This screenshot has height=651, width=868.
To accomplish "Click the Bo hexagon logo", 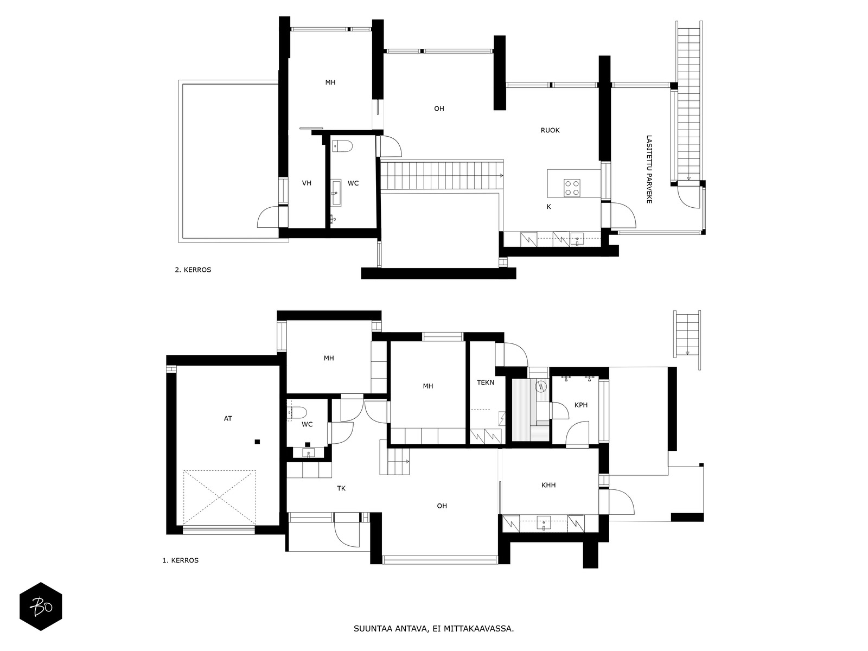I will (x=41, y=607).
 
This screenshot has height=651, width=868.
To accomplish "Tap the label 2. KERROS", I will (x=193, y=270).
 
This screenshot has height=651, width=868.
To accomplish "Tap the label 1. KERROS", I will (x=180, y=560).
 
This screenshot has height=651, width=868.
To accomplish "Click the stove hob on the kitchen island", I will (x=572, y=188).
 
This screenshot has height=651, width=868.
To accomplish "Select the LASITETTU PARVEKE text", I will (x=649, y=169).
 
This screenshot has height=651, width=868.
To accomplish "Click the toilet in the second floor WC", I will (x=342, y=145).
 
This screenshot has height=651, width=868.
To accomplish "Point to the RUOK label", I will (x=550, y=130).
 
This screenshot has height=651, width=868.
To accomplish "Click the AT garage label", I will (x=228, y=419).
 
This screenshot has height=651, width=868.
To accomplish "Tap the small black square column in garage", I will (x=257, y=442).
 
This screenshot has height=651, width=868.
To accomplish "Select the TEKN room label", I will (x=486, y=382).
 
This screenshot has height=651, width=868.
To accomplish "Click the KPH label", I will (x=581, y=405).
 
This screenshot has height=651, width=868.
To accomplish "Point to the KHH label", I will (x=548, y=485).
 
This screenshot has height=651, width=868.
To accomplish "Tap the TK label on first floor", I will (x=341, y=488).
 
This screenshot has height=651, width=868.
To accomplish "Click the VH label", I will (x=307, y=183).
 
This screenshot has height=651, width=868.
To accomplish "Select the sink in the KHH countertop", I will (x=544, y=524).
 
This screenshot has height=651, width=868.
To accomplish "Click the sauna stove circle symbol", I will (x=540, y=387).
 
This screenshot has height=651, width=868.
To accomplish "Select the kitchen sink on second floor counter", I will (x=577, y=239).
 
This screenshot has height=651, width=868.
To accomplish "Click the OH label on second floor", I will (x=439, y=108).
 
